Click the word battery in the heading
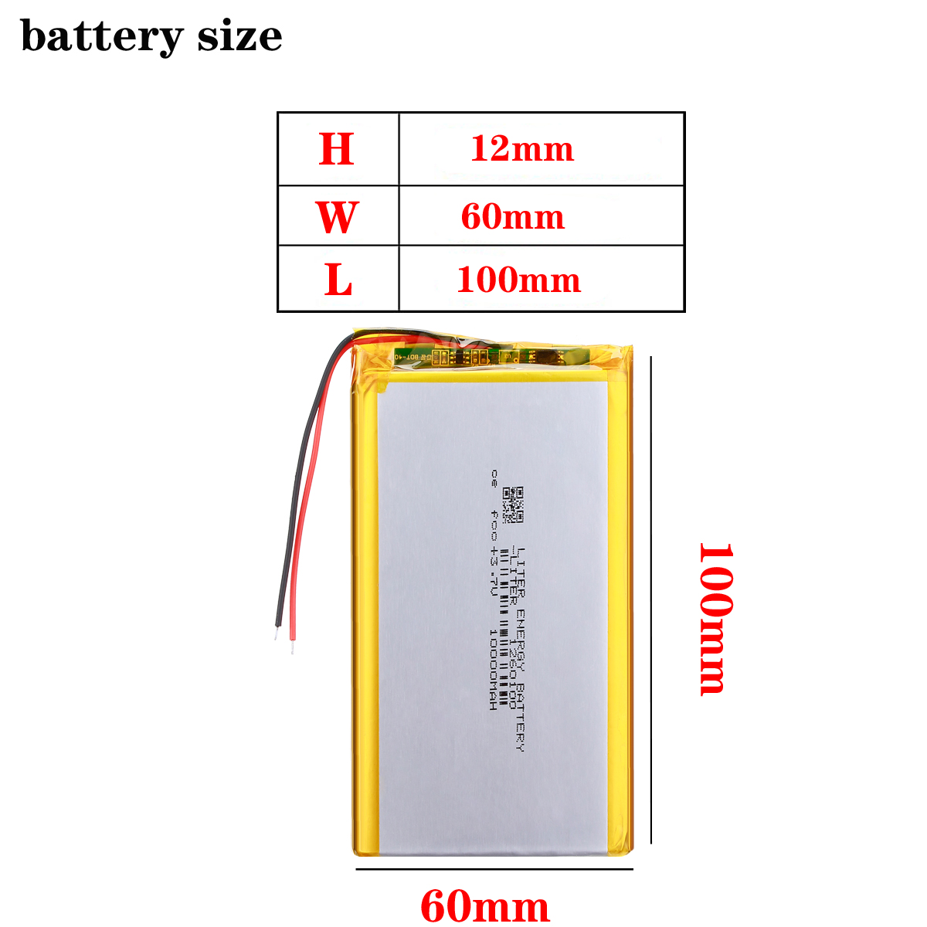pos(102,36)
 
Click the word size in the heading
pos(239,36)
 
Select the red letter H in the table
pos(337,149)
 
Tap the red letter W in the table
pos(337,217)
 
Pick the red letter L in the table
pos(338,280)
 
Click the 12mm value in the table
pos(522,148)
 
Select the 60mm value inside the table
pos(513,217)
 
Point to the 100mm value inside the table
pos(518,280)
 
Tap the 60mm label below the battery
pos(485,906)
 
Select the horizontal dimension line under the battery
pos(494,869)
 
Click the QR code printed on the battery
pos(513,504)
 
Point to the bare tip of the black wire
pos(275,633)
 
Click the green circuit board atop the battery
pos(487,357)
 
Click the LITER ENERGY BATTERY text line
pos(520,649)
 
